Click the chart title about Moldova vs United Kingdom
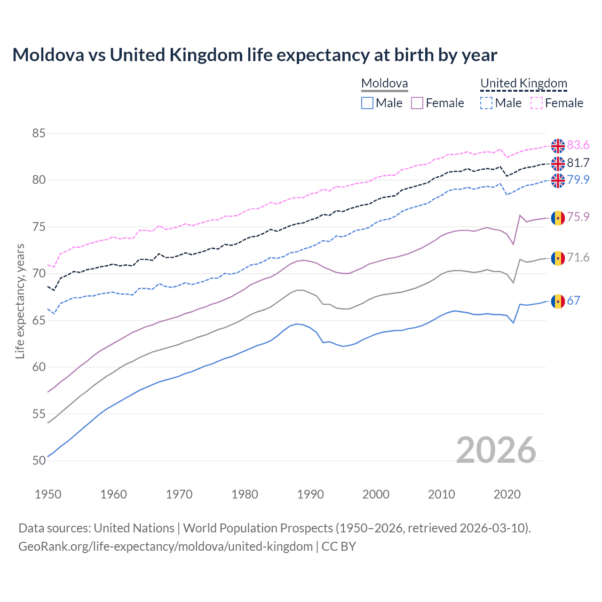[254, 55]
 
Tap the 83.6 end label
[578, 145]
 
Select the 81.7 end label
[578, 163]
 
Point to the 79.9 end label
[578, 180]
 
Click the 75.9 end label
[578, 217]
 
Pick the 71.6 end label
[578, 257]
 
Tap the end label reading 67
[573, 301]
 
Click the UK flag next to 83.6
[558, 146]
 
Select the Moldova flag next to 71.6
[558, 258]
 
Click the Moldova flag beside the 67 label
[558, 301]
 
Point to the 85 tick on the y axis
[39, 133]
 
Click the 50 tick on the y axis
[39, 460]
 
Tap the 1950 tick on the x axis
[48, 494]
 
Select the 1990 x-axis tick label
[310, 494]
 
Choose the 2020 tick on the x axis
[507, 494]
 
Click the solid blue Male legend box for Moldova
[367, 103]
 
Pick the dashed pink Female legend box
[537, 103]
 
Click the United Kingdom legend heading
[523, 84]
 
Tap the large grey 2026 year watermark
[496, 450]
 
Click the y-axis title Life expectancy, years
[20, 301]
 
